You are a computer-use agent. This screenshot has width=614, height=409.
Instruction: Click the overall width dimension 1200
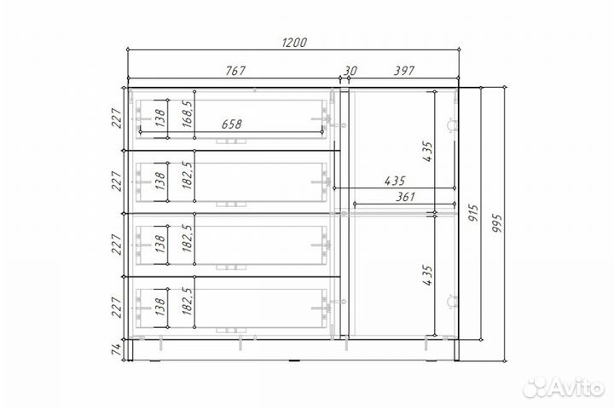coord(294,42)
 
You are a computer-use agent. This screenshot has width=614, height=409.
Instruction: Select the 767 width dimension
coord(235,71)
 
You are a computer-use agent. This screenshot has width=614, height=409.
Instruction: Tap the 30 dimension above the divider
coord(350,71)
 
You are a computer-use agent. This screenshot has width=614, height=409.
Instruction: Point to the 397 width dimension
coord(403,71)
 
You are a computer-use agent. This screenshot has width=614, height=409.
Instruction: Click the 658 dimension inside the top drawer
coord(231,124)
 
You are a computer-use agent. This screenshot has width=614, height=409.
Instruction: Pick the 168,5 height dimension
coord(188,114)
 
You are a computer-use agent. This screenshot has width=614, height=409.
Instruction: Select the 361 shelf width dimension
coord(405,197)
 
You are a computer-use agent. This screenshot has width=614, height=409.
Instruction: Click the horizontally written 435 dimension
coord(395,181)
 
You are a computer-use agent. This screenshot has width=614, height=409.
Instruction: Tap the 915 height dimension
coord(474,212)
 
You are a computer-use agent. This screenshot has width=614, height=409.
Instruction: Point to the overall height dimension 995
coord(497,222)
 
